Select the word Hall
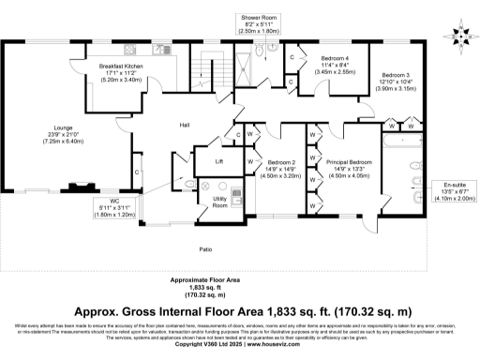pyautogui.click(x=186, y=125)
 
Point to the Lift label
pyautogui.click(x=218, y=162)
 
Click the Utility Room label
pyautogui.click(x=219, y=201)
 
